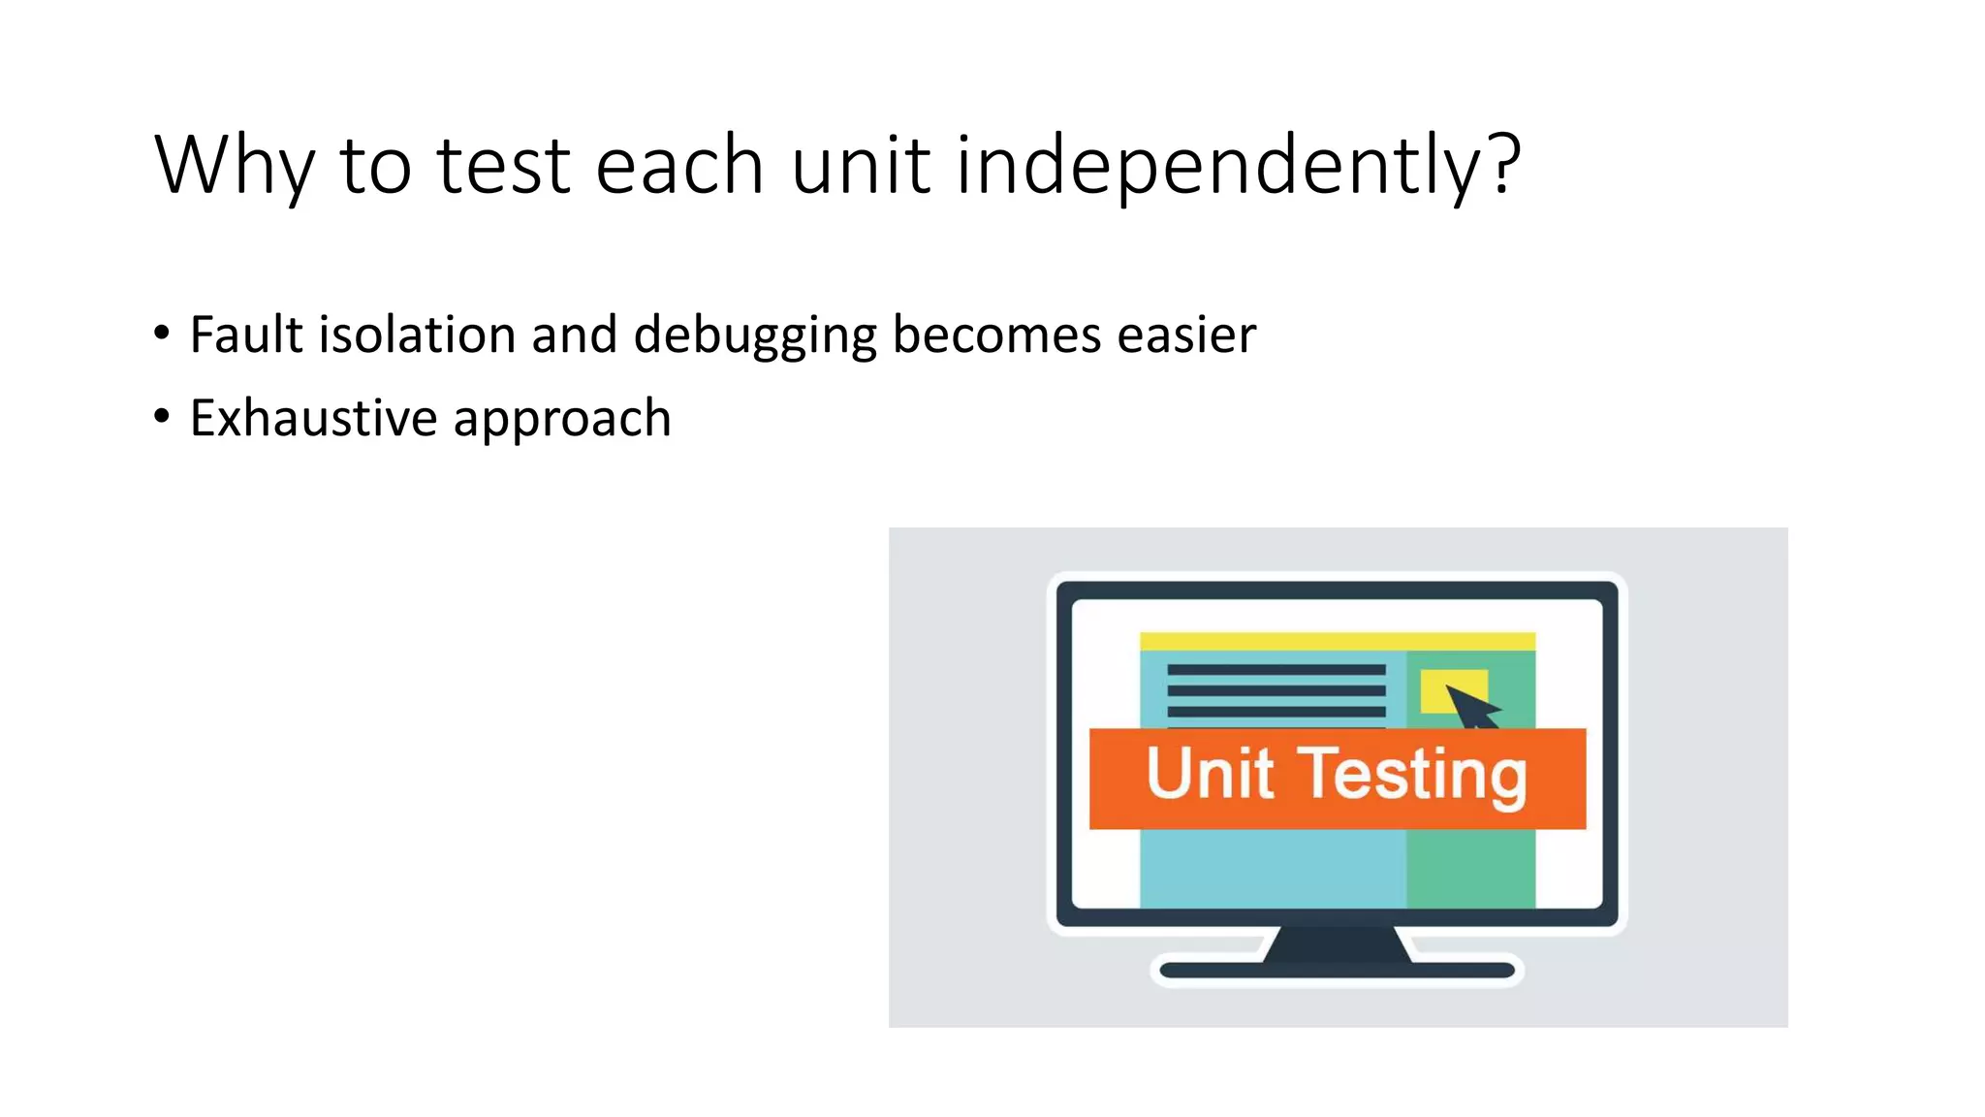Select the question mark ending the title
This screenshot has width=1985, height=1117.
click(x=1505, y=163)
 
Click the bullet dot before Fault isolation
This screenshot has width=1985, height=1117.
click(x=162, y=334)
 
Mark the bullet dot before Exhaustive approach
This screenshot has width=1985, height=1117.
click(x=162, y=417)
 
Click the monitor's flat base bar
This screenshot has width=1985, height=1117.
click(x=1337, y=971)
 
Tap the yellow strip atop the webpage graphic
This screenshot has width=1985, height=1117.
click(x=1337, y=641)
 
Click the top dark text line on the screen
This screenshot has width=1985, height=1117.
click(x=1276, y=670)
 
